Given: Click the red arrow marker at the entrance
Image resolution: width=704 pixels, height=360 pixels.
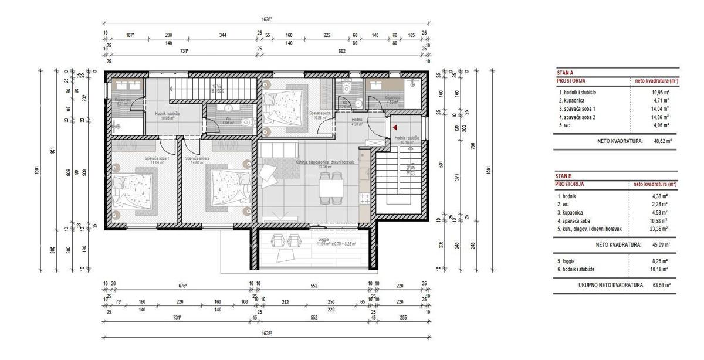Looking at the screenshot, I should click(395, 126).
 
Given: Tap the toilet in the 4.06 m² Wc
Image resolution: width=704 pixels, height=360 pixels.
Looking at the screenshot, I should click(245, 123).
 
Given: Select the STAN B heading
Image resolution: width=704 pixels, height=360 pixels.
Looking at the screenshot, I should click(564, 175).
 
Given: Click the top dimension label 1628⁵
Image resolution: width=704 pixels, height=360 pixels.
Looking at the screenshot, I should click(266, 19).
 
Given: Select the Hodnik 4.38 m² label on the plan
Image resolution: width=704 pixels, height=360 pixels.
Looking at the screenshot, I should click(358, 121).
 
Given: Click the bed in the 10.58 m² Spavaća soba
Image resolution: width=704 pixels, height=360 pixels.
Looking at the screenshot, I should click(283, 106).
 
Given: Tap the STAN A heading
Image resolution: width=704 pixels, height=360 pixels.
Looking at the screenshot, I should click(564, 72).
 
